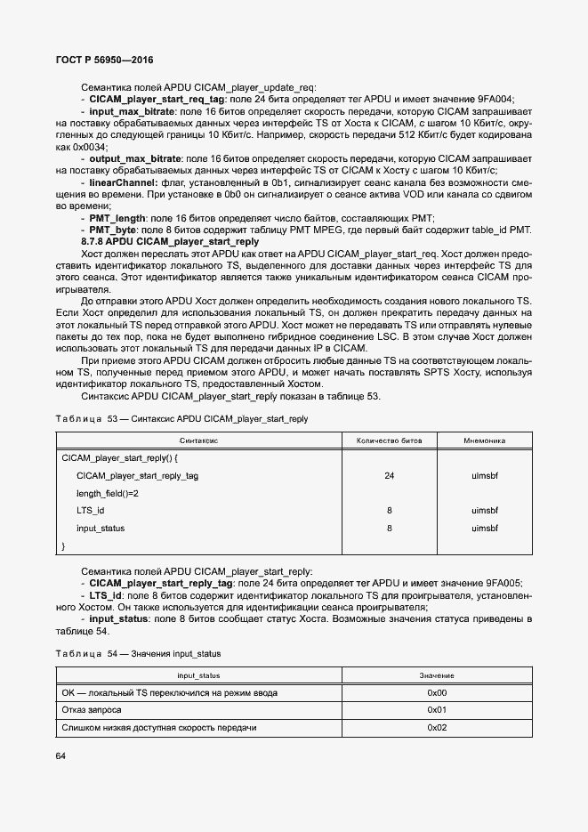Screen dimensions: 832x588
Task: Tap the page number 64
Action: coord(61,756)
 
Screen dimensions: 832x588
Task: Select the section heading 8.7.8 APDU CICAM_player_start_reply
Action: coord(170,241)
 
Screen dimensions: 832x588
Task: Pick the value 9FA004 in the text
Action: coord(496,100)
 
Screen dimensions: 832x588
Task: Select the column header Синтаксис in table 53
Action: coord(199,440)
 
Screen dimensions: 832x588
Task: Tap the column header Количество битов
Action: coord(389,440)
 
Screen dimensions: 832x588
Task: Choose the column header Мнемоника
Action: coord(484,440)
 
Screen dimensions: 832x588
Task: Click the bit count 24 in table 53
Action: coord(389,476)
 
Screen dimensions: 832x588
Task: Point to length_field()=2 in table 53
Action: coord(108,493)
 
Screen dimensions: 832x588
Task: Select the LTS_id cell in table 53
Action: coord(91,511)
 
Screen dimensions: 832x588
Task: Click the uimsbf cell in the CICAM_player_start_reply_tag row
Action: coord(484,476)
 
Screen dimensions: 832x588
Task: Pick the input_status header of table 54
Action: coord(199,676)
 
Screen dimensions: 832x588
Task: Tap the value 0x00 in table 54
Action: coord(437,692)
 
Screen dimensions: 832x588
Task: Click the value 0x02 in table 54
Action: coord(437,728)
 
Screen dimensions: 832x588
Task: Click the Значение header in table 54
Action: coord(437,676)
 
